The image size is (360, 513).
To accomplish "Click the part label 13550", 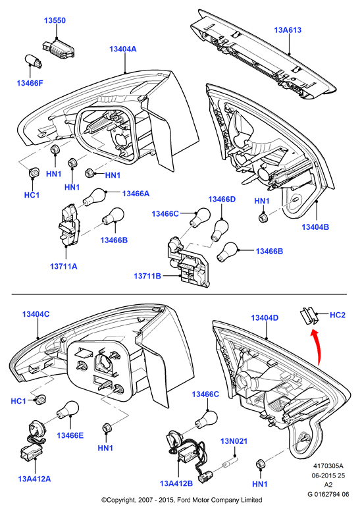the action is (55, 20).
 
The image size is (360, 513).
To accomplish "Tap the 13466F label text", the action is (30, 83).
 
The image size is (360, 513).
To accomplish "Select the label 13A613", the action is (288, 30).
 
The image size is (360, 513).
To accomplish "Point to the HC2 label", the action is (338, 315).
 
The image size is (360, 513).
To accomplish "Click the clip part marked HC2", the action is (309, 315).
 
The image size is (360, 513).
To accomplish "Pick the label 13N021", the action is (234, 441).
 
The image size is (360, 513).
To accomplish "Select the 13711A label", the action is (63, 266).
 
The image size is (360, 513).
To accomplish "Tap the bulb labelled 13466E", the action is (68, 410).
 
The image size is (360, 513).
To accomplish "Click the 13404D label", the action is (265, 317).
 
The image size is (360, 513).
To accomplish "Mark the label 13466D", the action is (222, 200).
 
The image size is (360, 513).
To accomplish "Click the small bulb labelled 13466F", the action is (34, 61).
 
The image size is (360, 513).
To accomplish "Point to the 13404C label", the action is (36, 314).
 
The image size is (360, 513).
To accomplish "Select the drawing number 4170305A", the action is (328, 466).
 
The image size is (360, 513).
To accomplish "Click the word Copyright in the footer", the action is (118, 500).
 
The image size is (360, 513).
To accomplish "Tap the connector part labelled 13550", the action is (58, 49).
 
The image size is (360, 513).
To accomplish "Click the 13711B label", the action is (147, 276).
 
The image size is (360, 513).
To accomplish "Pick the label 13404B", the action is (315, 227).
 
